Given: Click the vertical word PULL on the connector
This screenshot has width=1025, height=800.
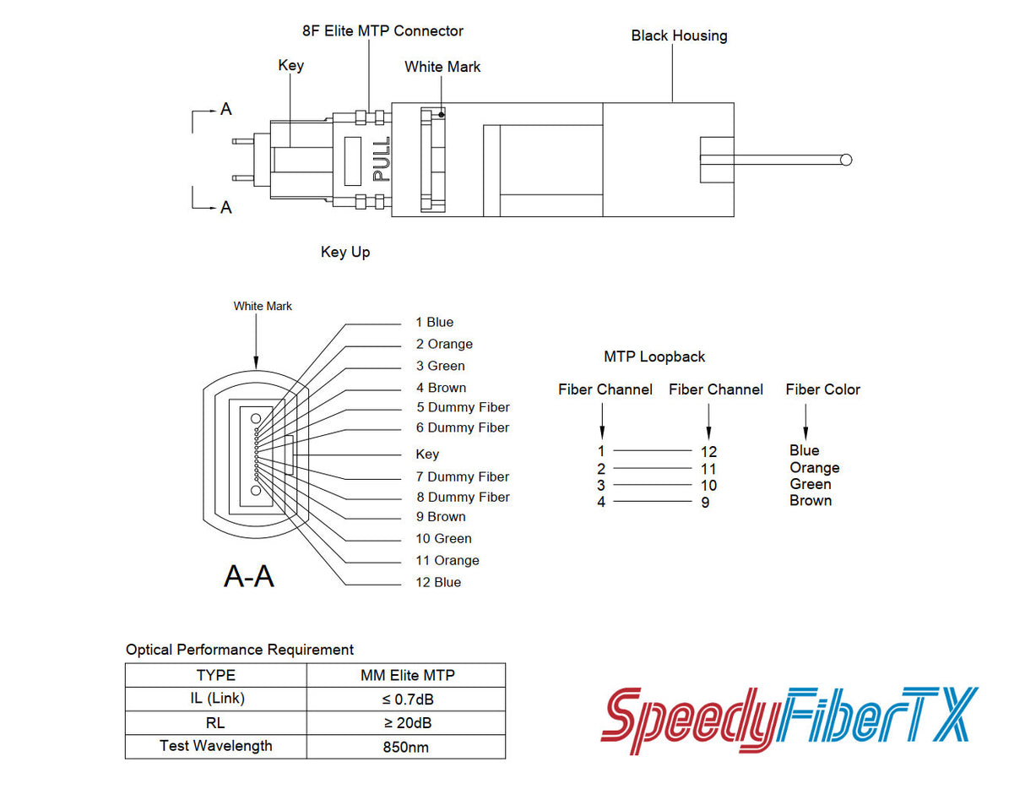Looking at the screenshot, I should click(x=381, y=160).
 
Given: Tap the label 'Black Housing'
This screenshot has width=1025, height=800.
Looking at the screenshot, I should click(x=679, y=36).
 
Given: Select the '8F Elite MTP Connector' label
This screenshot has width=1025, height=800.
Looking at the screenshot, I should click(x=382, y=31).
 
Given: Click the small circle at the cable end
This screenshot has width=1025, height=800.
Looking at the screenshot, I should click(x=846, y=160).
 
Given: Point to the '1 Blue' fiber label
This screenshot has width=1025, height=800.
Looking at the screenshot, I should click(x=434, y=322).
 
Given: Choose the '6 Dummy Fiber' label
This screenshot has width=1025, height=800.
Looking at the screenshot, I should click(x=463, y=427).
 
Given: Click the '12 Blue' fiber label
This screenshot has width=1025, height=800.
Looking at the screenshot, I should click(x=438, y=582).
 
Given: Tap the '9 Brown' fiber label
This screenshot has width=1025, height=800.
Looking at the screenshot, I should click(x=441, y=516).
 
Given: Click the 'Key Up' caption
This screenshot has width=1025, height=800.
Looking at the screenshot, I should click(x=345, y=252).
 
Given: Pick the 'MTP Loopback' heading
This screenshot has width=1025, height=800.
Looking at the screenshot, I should click(x=654, y=356).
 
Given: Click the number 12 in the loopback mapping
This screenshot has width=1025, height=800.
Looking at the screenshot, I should click(x=708, y=452).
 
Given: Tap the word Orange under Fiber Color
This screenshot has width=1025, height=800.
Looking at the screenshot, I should click(x=814, y=467).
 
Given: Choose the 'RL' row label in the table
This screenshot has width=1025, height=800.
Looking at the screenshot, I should click(x=215, y=723).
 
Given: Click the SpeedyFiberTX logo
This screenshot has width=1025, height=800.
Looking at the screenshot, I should click(x=789, y=720).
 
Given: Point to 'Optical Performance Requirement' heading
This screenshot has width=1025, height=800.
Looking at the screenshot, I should click(x=240, y=650).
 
